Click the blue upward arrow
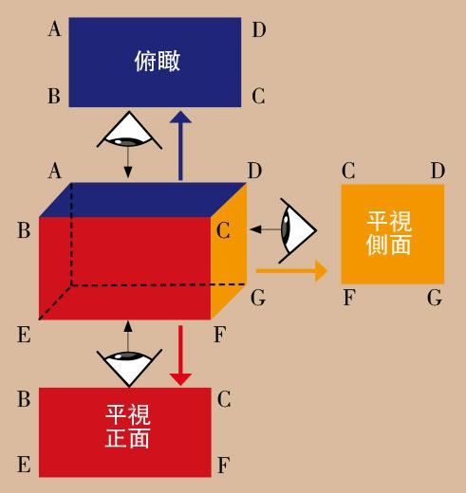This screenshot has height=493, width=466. pyautogui.click(x=180, y=146)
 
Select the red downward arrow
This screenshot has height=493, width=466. pyautogui.click(x=180, y=356)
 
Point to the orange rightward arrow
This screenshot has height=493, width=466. pyautogui.click(x=291, y=271)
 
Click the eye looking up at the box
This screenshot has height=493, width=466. pyautogui.click(x=129, y=368)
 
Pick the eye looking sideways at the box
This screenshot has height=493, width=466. pyautogui.click(x=297, y=230)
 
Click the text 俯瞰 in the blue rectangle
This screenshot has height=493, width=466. pyautogui.click(x=158, y=61)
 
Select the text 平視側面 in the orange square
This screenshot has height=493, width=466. pyautogui.click(x=389, y=233)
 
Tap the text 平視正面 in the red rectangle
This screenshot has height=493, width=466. pyautogui.click(x=127, y=426)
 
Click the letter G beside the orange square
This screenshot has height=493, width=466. pyautogui.click(x=435, y=298)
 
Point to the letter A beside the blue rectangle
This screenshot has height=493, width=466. pyautogui.click(x=54, y=29)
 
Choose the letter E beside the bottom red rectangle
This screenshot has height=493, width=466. pyautogui.click(x=24, y=465)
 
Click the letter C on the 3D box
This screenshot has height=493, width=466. pyautogui.click(x=223, y=230)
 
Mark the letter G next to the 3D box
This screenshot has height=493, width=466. pyautogui.click(x=258, y=298)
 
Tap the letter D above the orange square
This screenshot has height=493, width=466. pyautogui.click(x=438, y=171)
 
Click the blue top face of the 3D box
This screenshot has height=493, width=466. pyautogui.click(x=143, y=200)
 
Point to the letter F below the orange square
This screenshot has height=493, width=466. pyautogui.click(x=349, y=298)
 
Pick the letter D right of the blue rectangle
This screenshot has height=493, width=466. pyautogui.click(x=259, y=29)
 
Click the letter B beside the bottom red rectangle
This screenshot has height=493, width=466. pyautogui.click(x=24, y=398)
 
